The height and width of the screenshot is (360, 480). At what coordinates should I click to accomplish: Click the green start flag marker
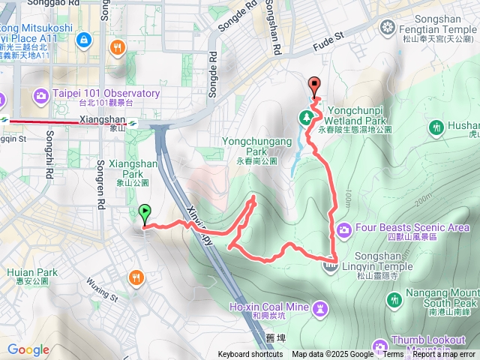tap(145, 213)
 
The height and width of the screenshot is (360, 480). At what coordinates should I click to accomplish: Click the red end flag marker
tap(313, 85)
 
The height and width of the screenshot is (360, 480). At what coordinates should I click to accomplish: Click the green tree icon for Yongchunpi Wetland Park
tap(306, 117)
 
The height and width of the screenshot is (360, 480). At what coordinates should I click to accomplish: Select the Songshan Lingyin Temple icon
tap(330, 263)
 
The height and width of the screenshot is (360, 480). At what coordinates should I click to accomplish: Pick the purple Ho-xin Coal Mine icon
tap(320, 307)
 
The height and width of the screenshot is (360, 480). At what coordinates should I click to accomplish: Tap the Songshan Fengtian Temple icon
tap(387, 28)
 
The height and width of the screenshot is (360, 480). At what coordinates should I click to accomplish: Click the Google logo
tap(28, 350)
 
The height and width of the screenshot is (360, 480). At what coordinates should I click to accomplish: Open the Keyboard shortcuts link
tap(250, 355)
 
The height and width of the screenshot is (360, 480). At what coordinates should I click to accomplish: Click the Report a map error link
tap(444, 355)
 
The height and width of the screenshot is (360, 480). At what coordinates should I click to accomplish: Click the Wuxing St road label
tap(103, 289)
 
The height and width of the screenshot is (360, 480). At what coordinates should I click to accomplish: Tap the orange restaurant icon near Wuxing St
tap(136, 277)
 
